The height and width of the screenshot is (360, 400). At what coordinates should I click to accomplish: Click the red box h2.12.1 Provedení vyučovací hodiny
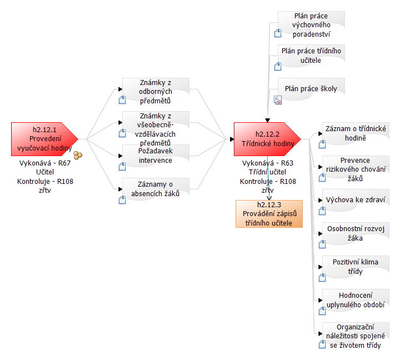[44, 139]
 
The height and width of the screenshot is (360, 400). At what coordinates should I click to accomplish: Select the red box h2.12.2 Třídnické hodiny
[267, 139]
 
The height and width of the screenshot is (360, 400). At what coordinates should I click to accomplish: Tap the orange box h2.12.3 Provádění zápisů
[269, 214]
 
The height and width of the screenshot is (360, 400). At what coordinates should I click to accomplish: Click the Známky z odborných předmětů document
[156, 92]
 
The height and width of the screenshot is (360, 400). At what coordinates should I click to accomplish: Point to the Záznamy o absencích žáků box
[156, 188]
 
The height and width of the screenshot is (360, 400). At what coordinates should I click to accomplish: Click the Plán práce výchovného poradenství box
[312, 25]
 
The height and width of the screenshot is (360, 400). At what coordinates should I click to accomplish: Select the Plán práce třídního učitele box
[311, 56]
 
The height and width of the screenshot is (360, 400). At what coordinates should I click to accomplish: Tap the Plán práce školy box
[311, 89]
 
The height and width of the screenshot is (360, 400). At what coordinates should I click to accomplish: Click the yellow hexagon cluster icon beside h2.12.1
[78, 156]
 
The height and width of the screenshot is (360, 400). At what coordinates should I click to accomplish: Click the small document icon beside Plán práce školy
[278, 100]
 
